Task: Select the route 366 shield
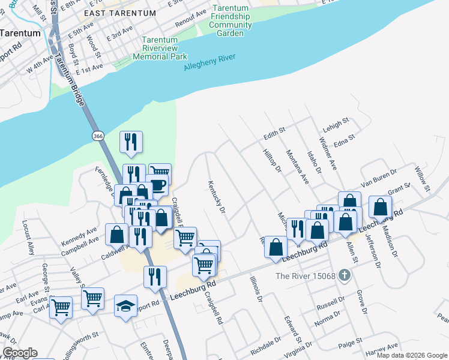click(x=98, y=137)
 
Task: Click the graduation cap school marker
click(x=125, y=307)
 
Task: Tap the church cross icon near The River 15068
click(x=344, y=275)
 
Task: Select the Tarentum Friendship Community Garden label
click(x=231, y=21)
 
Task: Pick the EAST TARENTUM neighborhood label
click(x=120, y=13)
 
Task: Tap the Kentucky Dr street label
click(x=216, y=197)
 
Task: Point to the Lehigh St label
click(x=336, y=123)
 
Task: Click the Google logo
click(x=19, y=353)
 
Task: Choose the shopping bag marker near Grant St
click(x=380, y=208)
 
